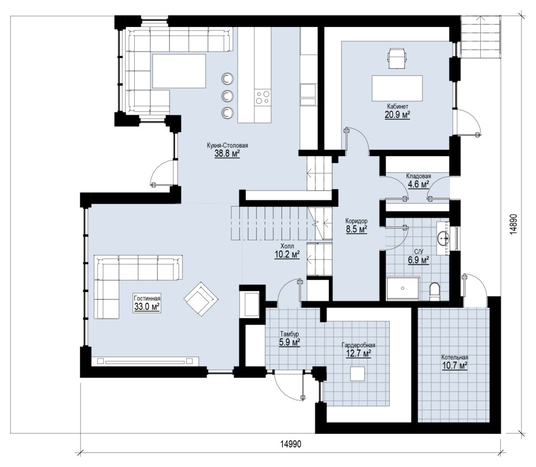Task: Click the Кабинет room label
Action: click(x=397, y=106)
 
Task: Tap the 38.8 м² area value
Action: click(x=227, y=154)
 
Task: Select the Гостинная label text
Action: click(x=147, y=298)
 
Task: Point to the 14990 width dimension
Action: click(x=291, y=444)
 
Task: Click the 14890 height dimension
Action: click(x=513, y=224)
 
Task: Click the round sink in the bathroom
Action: click(x=444, y=238)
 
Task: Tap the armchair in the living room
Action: click(x=201, y=299)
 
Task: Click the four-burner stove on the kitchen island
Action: click(x=263, y=97)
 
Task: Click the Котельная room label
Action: click(x=455, y=357)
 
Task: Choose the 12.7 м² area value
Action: click(x=358, y=353)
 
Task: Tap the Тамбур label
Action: click(x=290, y=334)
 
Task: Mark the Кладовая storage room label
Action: click(x=419, y=176)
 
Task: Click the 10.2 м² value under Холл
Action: click(x=287, y=254)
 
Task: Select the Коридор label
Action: click(x=356, y=220)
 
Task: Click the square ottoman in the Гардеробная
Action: click(x=357, y=374)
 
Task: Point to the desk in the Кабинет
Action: click(x=397, y=88)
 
